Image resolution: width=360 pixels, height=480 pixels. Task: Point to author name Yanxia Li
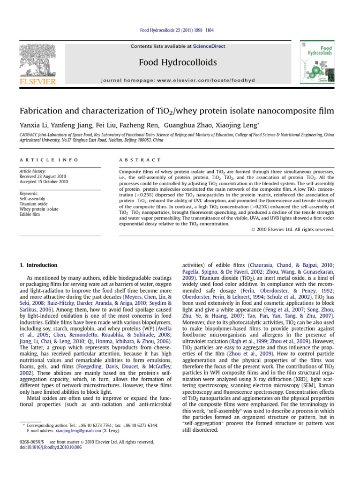click(31, 125)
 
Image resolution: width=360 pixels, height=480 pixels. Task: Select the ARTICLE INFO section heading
click(49, 160)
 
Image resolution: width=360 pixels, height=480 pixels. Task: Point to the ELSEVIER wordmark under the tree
click(37, 82)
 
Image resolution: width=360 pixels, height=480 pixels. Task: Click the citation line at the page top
click(177, 30)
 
